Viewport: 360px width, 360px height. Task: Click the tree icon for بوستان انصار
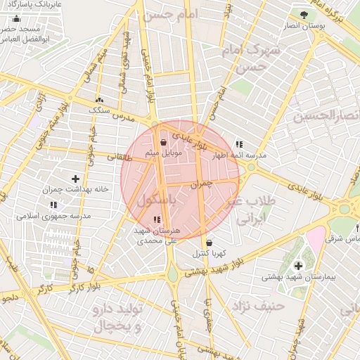pos(303,14)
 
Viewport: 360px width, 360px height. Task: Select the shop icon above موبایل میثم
pos(163,141)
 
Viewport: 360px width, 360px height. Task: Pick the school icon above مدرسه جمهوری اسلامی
pos(53,205)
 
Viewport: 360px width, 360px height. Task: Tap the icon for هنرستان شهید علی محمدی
pos(156,220)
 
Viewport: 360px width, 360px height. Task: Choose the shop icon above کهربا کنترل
pos(209,243)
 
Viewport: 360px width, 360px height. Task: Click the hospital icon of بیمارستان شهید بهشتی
pos(299,266)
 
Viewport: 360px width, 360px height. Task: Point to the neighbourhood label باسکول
pos(156,200)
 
